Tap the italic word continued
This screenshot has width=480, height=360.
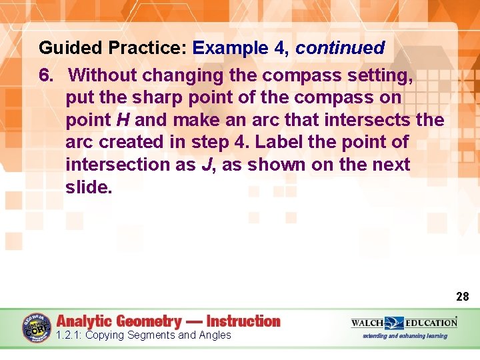tap(340, 48)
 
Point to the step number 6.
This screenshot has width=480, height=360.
tap(45, 75)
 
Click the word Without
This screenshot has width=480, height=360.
tap(105, 75)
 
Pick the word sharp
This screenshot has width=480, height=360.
tap(156, 97)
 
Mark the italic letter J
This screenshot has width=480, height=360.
tap(207, 165)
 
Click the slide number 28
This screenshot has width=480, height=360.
tap(463, 296)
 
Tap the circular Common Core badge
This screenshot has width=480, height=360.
tap(36, 327)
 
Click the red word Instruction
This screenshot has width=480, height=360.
tap(243, 321)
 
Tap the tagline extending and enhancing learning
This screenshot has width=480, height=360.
tap(405, 335)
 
